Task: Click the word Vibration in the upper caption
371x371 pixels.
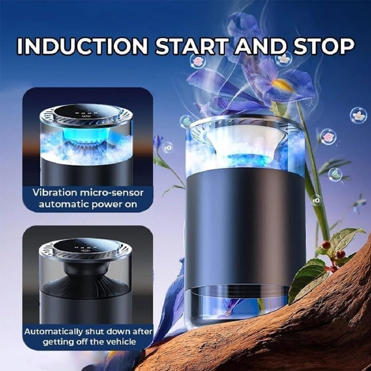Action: (55, 193)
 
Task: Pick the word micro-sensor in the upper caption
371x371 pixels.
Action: (112, 193)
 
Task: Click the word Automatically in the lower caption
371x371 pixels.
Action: (53, 332)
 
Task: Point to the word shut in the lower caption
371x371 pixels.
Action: (94, 332)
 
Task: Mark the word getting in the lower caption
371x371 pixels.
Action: (57, 342)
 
